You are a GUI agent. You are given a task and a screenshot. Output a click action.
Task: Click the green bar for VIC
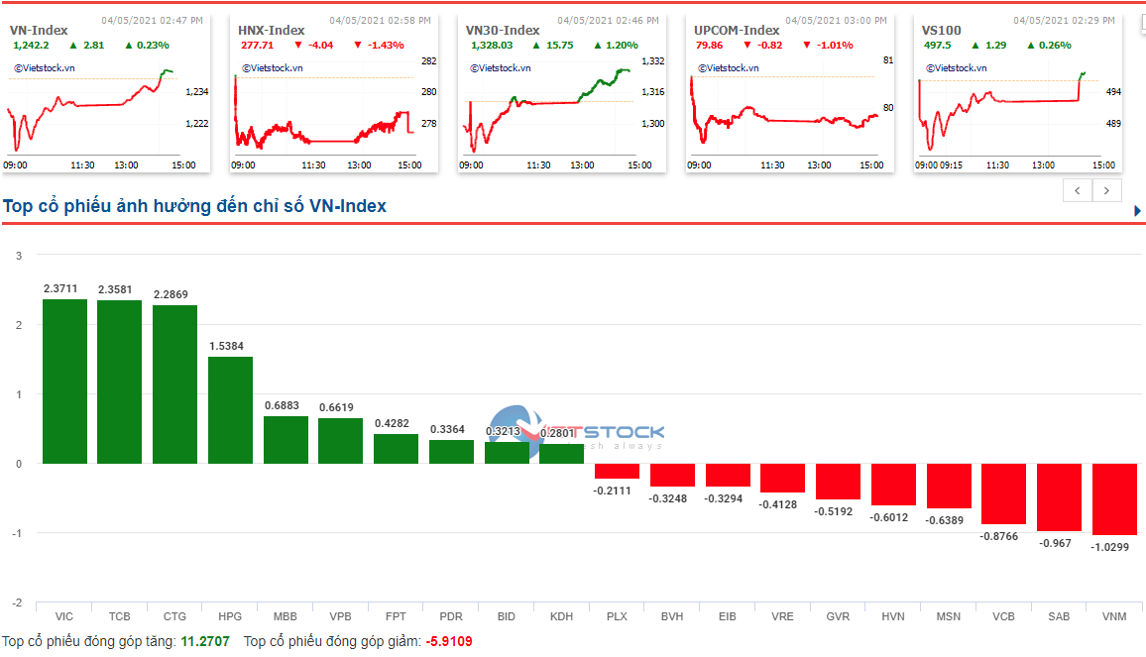click(x=64, y=382)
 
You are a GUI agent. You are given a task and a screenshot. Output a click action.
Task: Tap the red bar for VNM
click(x=1114, y=498)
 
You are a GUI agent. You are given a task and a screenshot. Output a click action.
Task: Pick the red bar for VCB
click(x=1003, y=493)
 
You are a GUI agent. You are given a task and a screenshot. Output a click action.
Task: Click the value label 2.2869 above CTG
click(x=174, y=294)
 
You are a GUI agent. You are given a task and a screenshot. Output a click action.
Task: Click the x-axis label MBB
click(x=286, y=616)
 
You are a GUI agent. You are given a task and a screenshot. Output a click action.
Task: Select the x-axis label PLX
click(x=617, y=616)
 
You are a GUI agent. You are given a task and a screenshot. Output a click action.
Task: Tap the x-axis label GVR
click(x=838, y=616)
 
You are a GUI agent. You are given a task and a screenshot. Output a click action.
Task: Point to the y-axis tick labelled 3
click(x=18, y=256)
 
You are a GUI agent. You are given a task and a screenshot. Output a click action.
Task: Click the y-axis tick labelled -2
click(x=16, y=602)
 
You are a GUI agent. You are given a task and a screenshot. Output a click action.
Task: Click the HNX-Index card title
click(x=272, y=31)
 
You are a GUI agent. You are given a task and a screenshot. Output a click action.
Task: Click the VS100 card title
click(x=942, y=31)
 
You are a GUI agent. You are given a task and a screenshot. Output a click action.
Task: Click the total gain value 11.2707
click(x=205, y=642)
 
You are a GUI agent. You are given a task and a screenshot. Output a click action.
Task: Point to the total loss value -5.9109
click(x=449, y=642)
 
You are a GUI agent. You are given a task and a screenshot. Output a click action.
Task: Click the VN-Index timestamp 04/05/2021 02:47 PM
click(x=153, y=20)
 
